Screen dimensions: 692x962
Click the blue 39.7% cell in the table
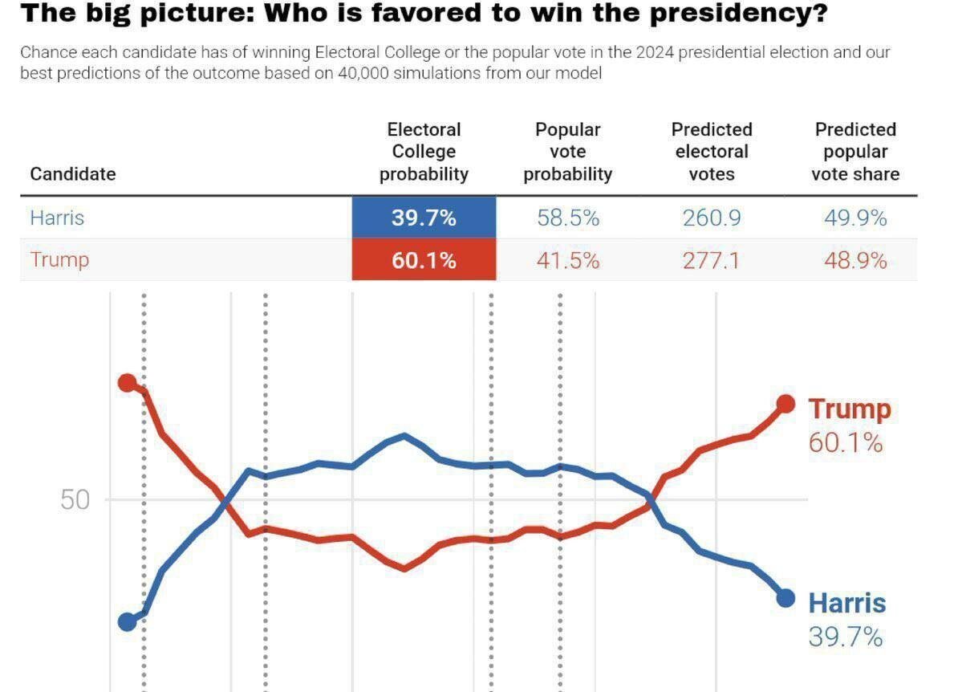[424, 218]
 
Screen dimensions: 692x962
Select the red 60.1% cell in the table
[424, 260]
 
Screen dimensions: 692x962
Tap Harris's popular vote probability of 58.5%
[568, 218]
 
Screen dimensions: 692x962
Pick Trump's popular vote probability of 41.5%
[568, 260]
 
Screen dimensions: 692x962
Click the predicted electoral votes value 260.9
[712, 218]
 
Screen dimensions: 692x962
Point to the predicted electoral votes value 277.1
[712, 260]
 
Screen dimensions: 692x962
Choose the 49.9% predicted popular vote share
[855, 218]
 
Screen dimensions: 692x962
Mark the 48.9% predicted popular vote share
[855, 260]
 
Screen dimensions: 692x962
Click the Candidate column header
[73, 174]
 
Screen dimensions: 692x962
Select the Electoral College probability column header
[424, 152]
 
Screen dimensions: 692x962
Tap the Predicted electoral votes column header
[712, 152]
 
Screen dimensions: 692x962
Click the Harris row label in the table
[57, 218]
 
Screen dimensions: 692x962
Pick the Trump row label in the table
[59, 260]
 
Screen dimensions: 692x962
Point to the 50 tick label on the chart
[75, 500]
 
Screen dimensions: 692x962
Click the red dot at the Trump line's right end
[786, 404]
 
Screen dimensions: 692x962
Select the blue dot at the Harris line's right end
[786, 598]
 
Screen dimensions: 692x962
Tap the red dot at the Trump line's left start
[127, 382]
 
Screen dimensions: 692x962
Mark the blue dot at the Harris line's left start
[127, 622]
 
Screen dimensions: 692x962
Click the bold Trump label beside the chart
[849, 409]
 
